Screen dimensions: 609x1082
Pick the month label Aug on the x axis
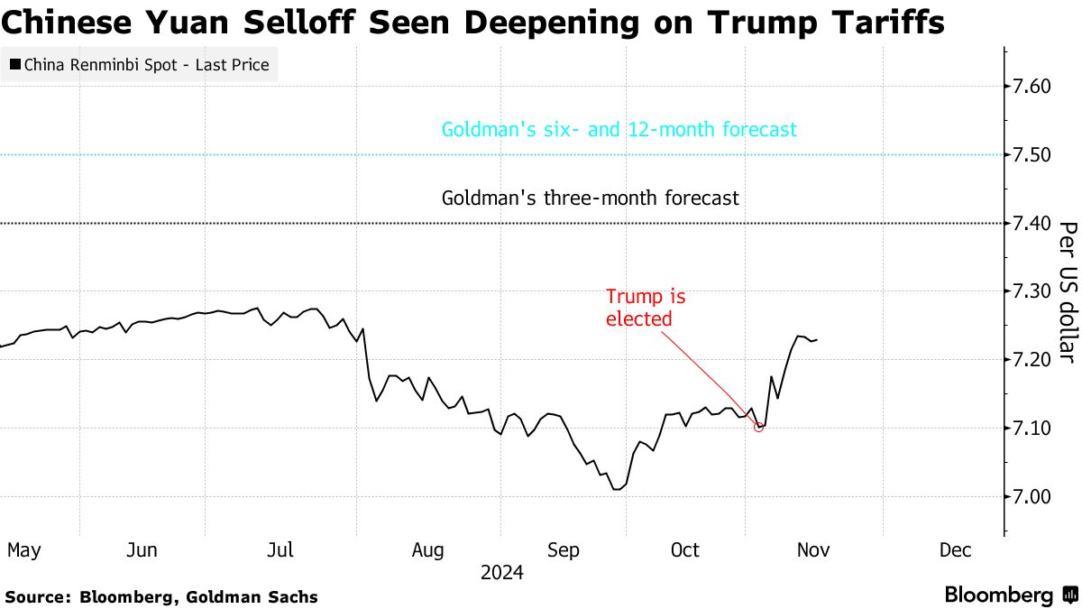click(427, 550)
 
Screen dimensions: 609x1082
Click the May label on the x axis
click(23, 550)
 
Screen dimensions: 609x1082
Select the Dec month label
click(955, 550)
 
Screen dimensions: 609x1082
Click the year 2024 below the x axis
click(502, 573)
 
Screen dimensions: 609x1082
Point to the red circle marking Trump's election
click(758, 428)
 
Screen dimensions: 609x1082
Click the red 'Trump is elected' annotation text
click(639, 307)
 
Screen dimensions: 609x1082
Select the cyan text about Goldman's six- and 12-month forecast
click(619, 130)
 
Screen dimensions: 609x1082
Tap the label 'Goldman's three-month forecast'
click(591, 198)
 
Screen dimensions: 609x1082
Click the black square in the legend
click(15, 65)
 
